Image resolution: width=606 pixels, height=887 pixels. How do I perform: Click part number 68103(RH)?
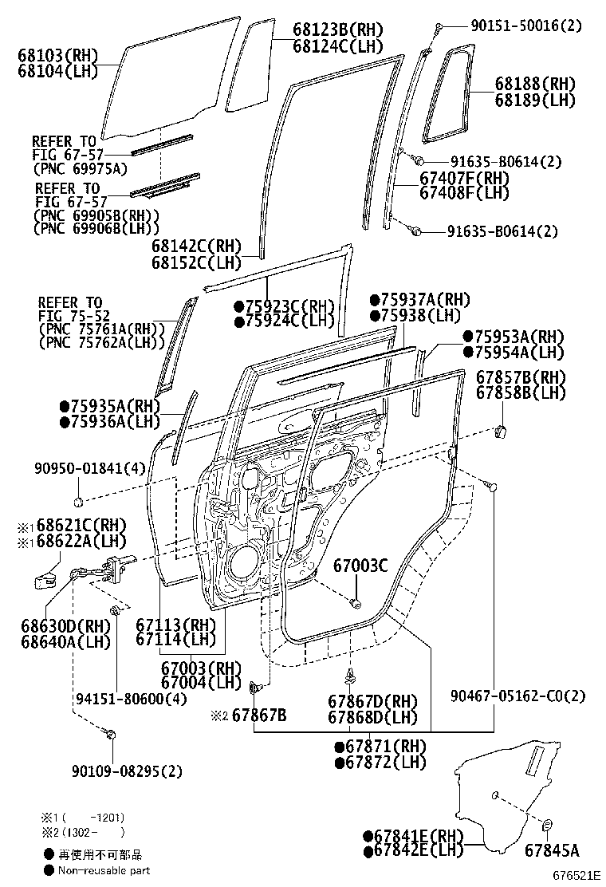57,56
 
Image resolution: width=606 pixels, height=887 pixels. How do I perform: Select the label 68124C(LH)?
338,45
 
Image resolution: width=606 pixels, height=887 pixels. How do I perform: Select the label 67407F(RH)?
464,179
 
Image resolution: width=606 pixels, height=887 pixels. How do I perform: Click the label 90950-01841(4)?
89,468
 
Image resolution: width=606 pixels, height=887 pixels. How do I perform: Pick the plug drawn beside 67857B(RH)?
502,432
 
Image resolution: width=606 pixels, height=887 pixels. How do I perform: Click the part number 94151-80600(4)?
132,699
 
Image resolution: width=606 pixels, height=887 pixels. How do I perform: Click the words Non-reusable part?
103,870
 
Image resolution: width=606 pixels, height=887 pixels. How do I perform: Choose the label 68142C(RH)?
195,246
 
